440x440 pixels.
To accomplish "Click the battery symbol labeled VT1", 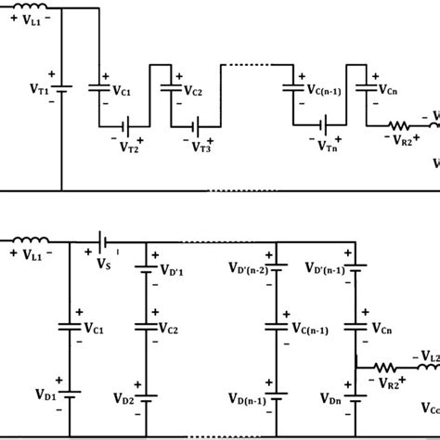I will click(x=63, y=91).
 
